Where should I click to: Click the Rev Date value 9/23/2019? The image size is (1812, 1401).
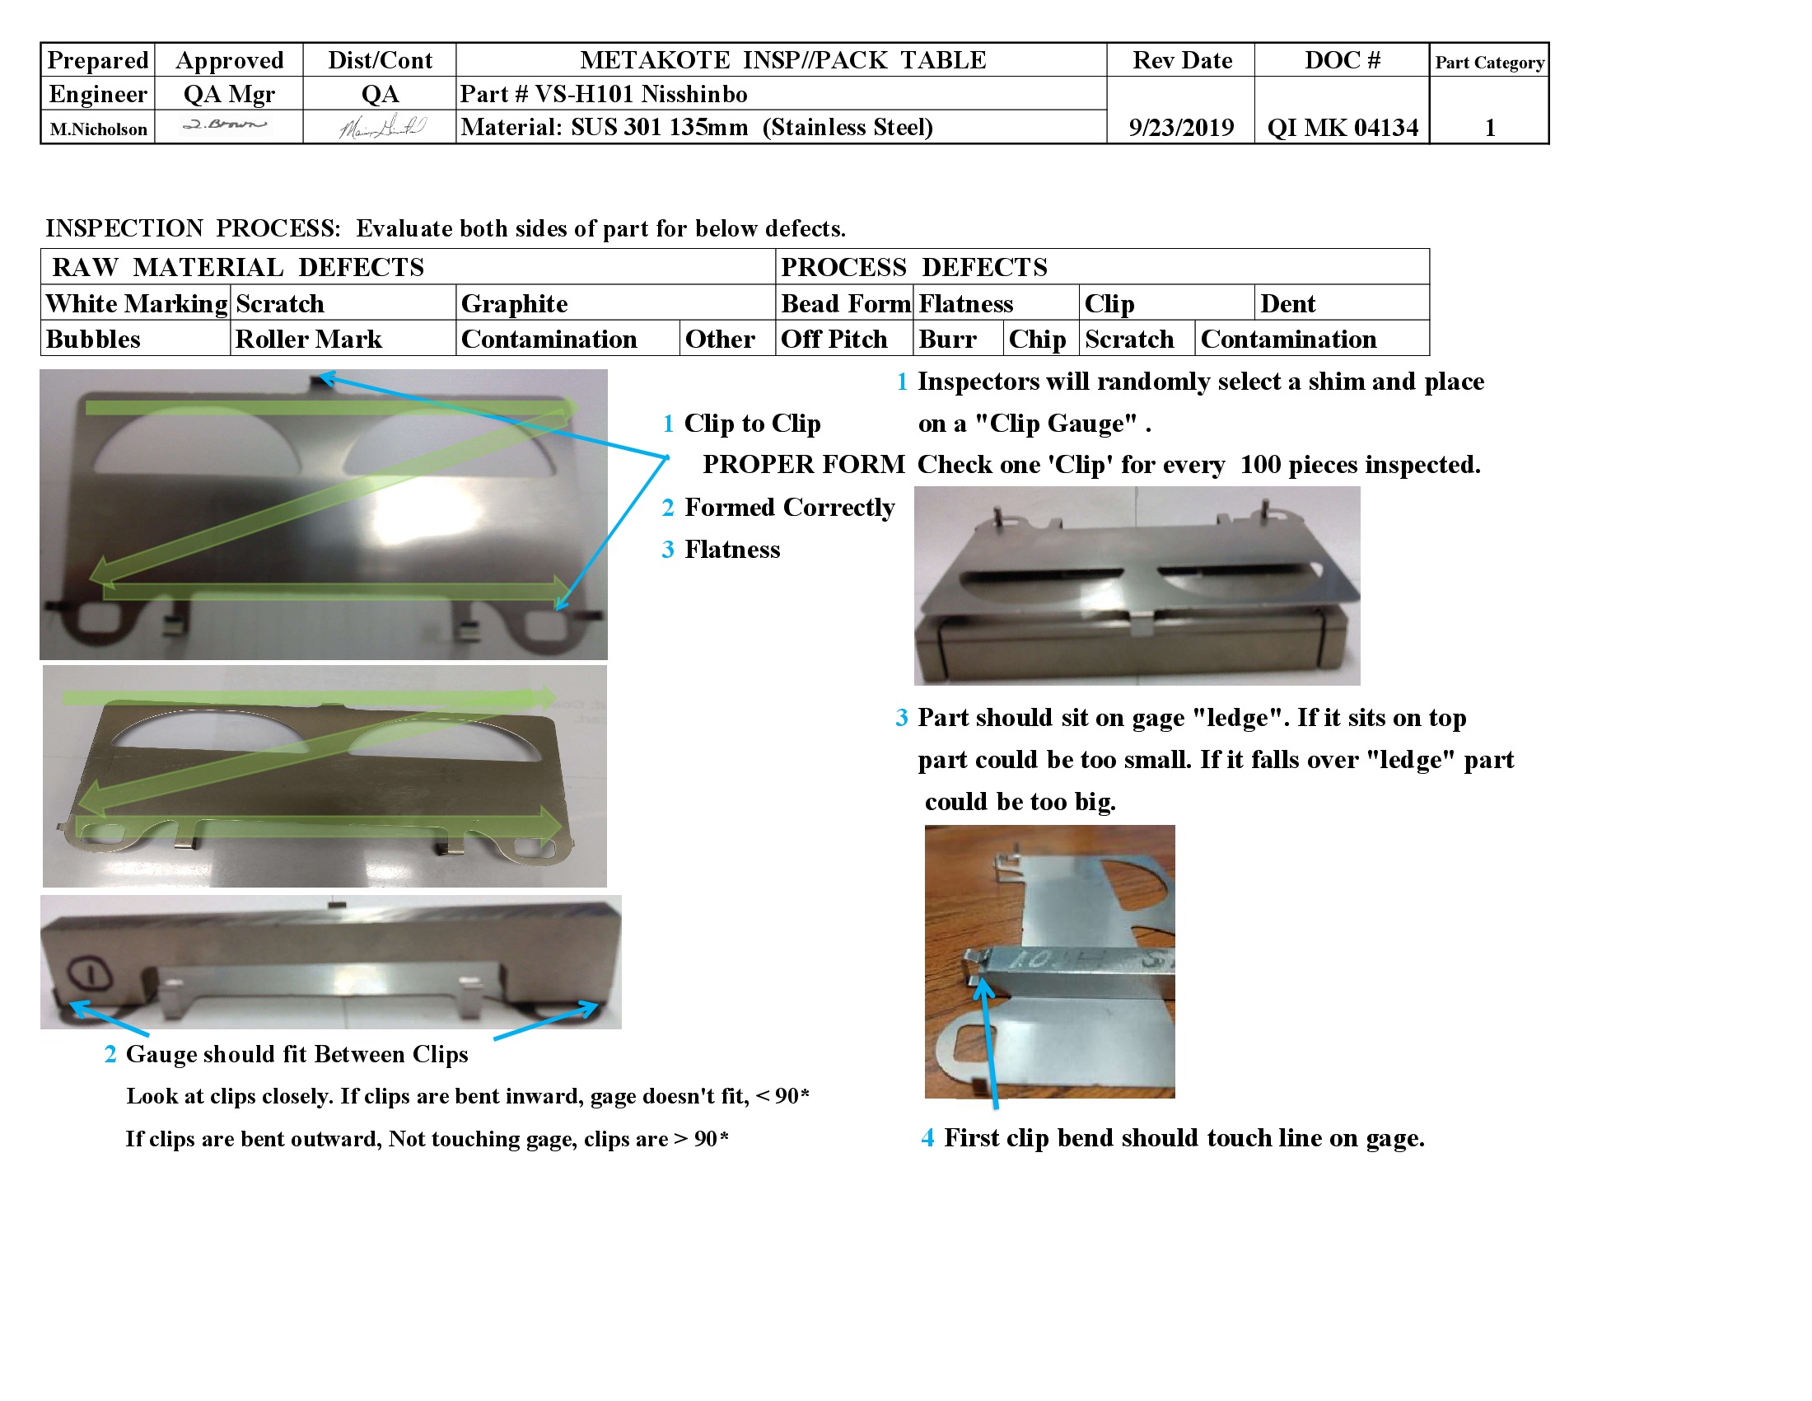pos(1180,127)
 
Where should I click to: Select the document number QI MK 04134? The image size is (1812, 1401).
pos(1342,127)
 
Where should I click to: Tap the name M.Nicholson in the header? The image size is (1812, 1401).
pos(98,129)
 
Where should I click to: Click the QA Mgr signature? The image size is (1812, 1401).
pos(226,125)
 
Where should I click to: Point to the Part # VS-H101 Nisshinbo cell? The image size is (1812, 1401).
pos(604,94)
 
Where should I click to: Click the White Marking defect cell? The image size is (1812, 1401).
pos(136,304)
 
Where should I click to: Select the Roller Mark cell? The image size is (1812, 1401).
pos(309,339)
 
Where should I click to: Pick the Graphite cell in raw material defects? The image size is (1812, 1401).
pos(515,304)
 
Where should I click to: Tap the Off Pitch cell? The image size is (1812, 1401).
pos(834,339)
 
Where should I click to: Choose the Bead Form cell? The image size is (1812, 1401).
pos(844,304)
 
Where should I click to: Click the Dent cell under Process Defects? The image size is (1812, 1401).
pos(1287,304)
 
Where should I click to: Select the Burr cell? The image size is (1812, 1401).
pos(947,339)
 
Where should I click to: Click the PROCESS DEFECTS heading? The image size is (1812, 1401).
pos(913,267)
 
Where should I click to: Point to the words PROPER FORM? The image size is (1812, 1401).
pos(803,464)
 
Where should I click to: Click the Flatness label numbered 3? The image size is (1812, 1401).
pos(731,550)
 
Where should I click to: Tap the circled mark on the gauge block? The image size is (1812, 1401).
pos(89,972)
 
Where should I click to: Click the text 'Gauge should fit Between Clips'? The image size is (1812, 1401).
pos(297,1054)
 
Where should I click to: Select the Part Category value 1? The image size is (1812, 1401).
pos(1489,127)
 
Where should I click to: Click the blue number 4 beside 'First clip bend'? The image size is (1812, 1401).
pos(927,1137)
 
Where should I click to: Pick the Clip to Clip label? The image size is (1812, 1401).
pos(752,424)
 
